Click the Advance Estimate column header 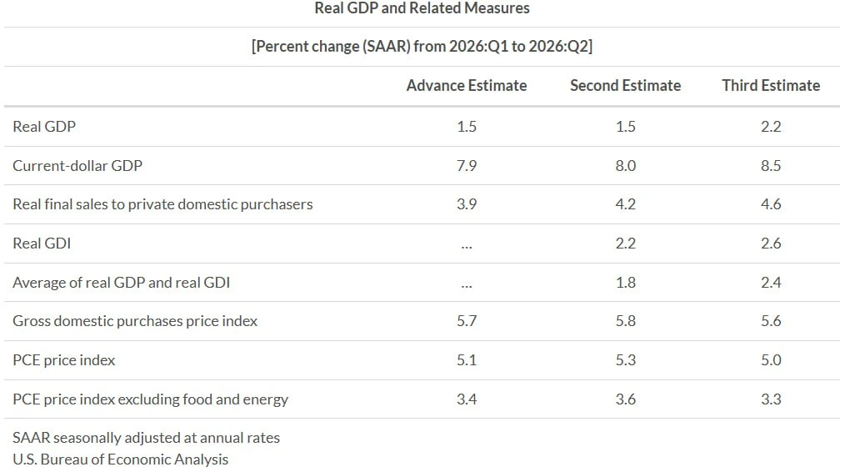466,86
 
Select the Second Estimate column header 625,86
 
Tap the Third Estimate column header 771,86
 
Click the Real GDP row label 44,126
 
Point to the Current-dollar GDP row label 77,165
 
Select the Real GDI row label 42,244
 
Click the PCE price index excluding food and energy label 150,399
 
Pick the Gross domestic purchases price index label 135,320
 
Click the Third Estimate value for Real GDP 771,126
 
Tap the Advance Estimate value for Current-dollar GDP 466,165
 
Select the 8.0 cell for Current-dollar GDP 625,165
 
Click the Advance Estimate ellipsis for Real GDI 466,248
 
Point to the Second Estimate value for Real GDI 625,244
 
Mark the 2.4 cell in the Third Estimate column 771,282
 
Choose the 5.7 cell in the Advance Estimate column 466,320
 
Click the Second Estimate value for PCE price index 625,360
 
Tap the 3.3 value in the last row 771,399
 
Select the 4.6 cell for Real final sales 771,204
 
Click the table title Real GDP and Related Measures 422,8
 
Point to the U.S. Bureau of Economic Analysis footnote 120,459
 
